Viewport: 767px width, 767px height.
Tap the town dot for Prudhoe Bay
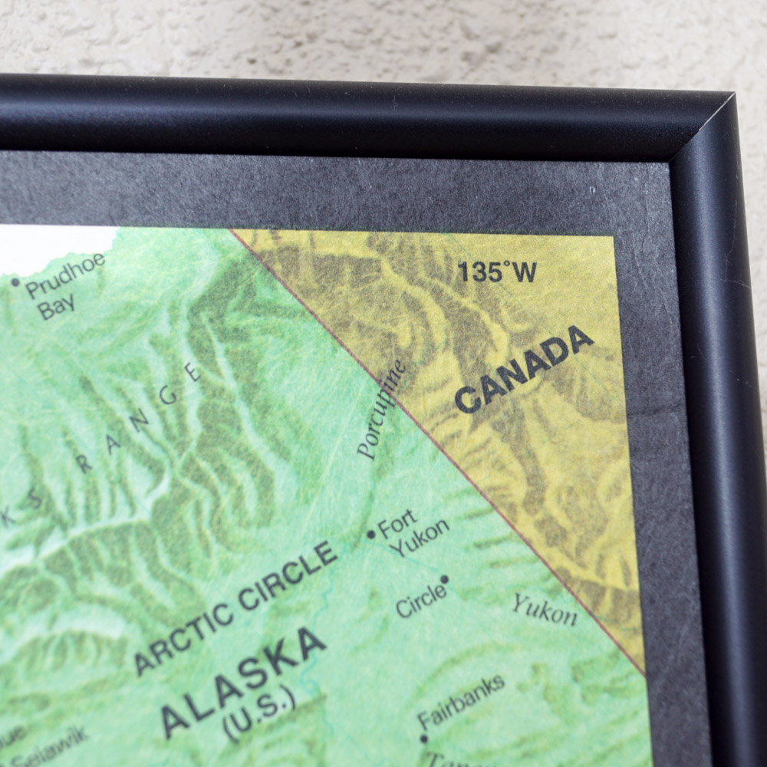click(x=15, y=282)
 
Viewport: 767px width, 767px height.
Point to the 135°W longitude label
click(x=497, y=272)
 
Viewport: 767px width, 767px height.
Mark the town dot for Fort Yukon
click(x=371, y=534)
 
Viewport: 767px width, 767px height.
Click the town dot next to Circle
click(x=444, y=580)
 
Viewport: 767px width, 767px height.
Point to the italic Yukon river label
click(x=545, y=610)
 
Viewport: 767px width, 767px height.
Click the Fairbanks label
click(x=461, y=701)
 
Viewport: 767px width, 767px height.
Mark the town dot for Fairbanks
click(x=423, y=739)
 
